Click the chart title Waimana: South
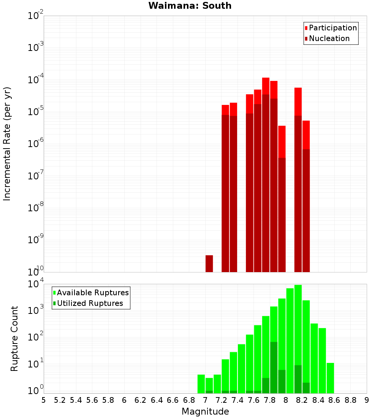190,6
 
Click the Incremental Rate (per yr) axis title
7,144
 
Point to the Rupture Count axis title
14,339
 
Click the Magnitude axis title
205,412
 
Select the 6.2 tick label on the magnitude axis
141,400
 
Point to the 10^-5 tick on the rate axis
36,112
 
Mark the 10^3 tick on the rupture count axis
36,310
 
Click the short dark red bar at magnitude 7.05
209,263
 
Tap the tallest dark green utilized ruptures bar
274,367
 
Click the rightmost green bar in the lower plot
330,378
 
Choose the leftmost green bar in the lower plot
201,384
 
